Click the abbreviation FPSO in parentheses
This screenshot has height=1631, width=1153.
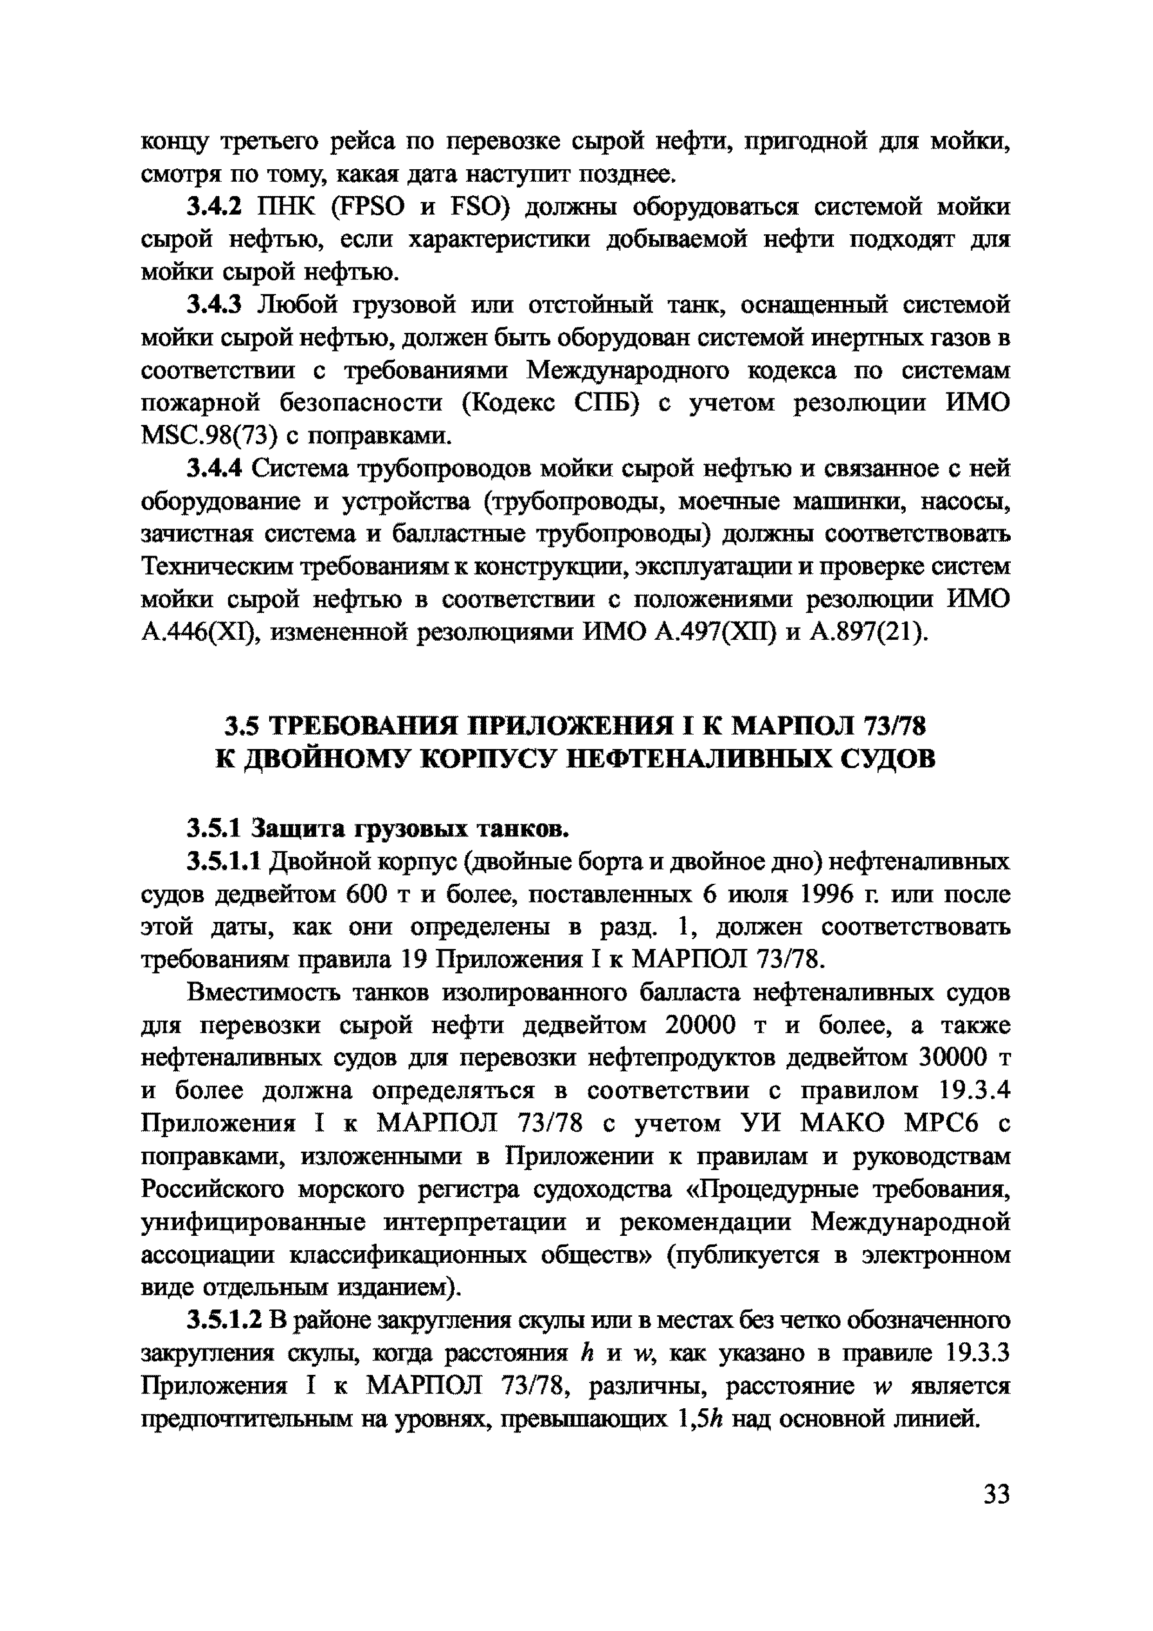368,207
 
